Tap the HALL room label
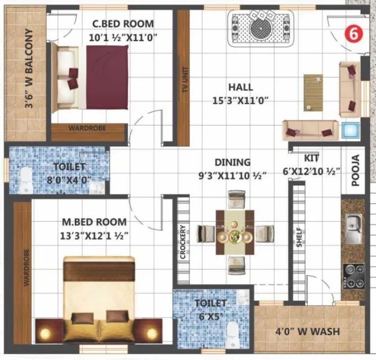pyautogui.click(x=240, y=87)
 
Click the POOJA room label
pyautogui.click(x=355, y=170)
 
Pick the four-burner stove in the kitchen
pyautogui.click(x=353, y=275)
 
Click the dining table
pyautogui.click(x=235, y=232)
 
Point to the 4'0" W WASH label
pyautogui.click(x=309, y=332)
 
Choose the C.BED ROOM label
pyautogui.click(x=123, y=24)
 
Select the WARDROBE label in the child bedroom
pyautogui.click(x=87, y=128)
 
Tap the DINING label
pyautogui.click(x=232, y=162)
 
